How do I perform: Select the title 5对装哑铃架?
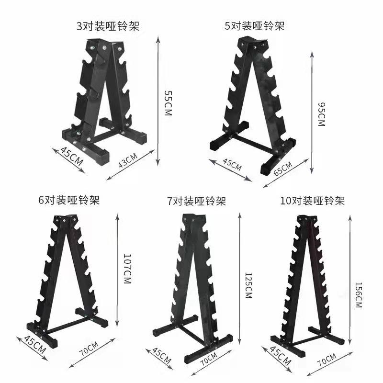pos(254,25)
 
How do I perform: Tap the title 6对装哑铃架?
pos(69,199)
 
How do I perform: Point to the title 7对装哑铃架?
pos(196,201)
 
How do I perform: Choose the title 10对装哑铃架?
pos(312,200)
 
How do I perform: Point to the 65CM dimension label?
pos(283,169)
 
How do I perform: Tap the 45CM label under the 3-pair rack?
pos(71,157)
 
